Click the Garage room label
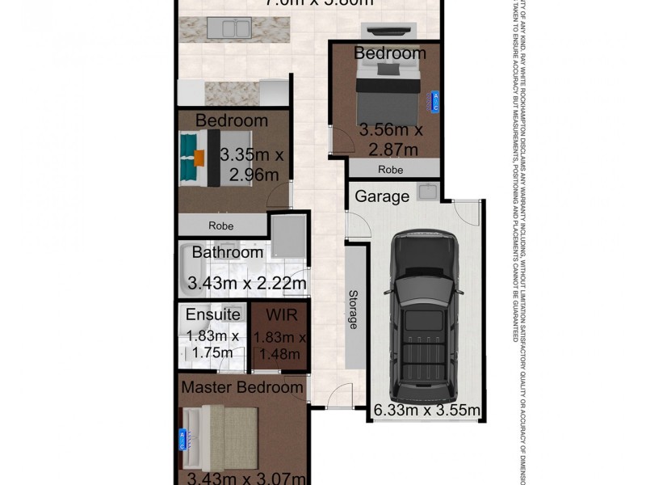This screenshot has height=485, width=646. [382, 196]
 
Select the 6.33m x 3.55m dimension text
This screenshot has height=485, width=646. [427, 411]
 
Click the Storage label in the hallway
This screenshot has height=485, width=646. [353, 309]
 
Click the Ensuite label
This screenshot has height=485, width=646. [212, 314]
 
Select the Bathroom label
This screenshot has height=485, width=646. [227, 252]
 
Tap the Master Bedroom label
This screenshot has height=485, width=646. [241, 387]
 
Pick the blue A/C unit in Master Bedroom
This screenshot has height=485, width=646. [182, 440]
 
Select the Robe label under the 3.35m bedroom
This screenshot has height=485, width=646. [221, 226]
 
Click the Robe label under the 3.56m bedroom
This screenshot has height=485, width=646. [390, 170]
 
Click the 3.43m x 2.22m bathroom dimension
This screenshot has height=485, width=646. [246, 283]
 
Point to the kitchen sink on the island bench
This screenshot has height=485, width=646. [238, 30]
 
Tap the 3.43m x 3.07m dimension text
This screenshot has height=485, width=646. [245, 478]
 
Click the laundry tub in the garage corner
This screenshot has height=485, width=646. [427, 192]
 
